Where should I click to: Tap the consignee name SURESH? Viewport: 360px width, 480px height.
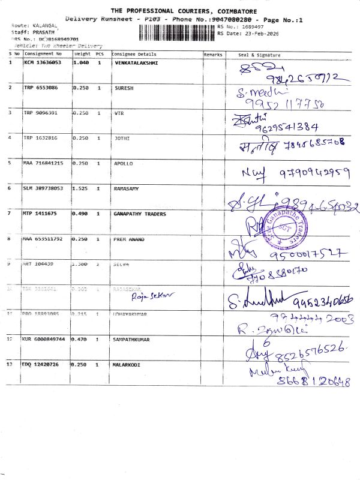(124, 88)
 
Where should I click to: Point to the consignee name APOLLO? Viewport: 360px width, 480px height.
(124, 163)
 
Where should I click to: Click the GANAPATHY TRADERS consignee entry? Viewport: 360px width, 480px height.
(140, 214)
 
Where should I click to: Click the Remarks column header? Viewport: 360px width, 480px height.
(213, 55)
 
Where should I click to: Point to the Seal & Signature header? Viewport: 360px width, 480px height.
(259, 55)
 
